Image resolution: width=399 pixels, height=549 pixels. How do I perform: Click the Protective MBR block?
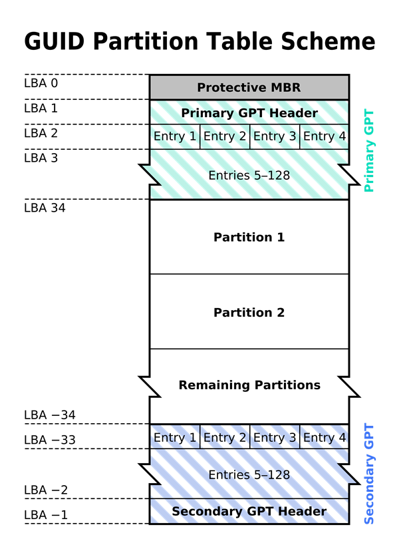249,87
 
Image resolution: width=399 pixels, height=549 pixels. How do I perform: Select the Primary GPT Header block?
249,112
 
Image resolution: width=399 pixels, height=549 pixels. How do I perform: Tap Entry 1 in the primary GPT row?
174,136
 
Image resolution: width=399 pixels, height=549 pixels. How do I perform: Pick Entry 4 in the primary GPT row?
324,136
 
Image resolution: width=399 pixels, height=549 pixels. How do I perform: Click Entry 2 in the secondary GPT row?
224,437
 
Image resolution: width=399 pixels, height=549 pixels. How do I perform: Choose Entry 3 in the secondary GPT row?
274,437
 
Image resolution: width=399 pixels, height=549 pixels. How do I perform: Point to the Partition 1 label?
249,237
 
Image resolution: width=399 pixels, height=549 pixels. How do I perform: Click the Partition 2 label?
249,312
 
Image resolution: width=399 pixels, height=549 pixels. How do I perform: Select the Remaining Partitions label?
249,385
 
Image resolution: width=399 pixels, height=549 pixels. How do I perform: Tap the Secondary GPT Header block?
249,511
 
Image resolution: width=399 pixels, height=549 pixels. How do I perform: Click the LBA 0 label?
41,83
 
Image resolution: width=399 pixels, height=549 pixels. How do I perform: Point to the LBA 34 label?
45,207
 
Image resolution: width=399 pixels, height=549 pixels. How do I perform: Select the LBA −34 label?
50,415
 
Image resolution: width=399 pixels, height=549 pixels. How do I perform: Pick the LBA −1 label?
47,515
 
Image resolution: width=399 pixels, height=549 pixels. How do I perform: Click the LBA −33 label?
50,440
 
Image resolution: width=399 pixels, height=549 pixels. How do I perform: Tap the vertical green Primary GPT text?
370,151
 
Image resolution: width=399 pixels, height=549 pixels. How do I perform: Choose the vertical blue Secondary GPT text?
370,474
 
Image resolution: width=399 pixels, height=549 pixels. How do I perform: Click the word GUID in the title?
55,42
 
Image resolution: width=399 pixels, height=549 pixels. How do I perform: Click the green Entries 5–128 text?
249,176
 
